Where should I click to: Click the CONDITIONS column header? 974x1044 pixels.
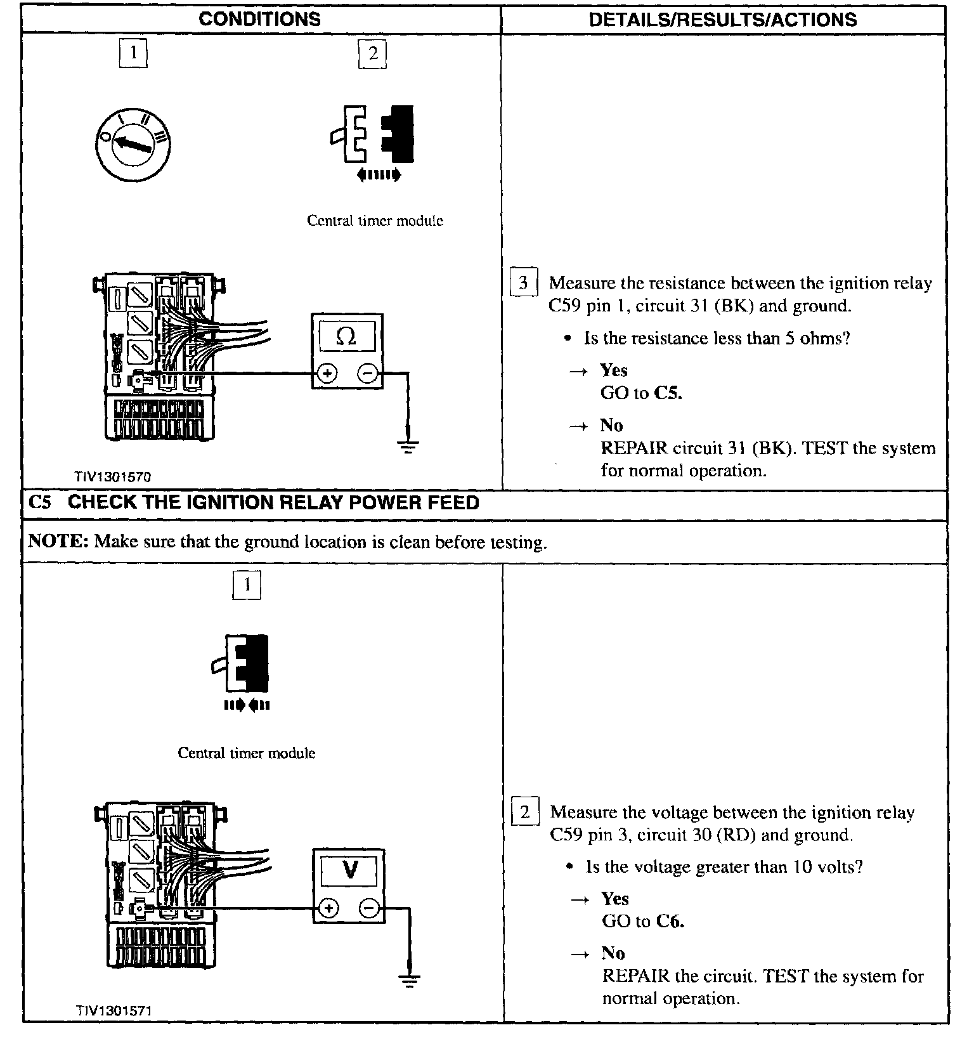point(260,19)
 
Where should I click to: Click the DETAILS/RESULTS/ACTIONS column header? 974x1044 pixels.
point(723,20)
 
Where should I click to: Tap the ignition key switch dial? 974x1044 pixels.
point(133,143)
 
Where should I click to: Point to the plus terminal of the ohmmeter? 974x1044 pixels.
point(327,374)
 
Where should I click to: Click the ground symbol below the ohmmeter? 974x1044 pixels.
point(408,448)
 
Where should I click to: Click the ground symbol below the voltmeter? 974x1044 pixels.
point(410,982)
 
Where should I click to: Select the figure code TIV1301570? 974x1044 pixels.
point(112,476)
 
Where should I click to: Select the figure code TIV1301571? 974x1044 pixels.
point(114,1010)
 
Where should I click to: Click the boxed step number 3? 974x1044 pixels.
point(524,282)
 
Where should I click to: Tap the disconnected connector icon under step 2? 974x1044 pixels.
point(373,137)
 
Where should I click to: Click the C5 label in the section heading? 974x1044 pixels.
point(40,502)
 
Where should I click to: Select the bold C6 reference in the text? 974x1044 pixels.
point(670,921)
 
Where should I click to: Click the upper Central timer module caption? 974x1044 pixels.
point(375,221)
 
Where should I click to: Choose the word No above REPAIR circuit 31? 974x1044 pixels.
point(611,425)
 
